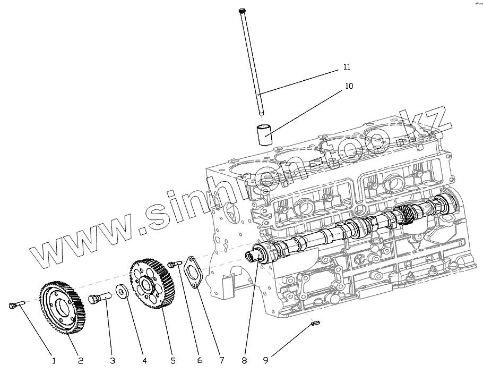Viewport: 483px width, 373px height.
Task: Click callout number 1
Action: pos(53,361)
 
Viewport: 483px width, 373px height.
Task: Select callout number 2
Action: pos(81,361)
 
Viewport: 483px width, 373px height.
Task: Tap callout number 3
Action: pos(113,361)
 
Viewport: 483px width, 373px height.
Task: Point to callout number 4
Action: pos(144,361)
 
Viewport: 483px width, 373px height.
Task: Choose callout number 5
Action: pos(173,361)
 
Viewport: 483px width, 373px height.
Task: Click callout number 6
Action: pos(200,361)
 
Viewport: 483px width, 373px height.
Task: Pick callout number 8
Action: pos(244,361)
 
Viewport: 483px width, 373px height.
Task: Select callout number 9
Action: pos(266,361)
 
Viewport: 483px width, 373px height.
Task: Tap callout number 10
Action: pos(349,86)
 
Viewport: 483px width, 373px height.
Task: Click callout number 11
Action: pos(347,67)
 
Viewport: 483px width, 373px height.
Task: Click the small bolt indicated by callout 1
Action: pos(16,304)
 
